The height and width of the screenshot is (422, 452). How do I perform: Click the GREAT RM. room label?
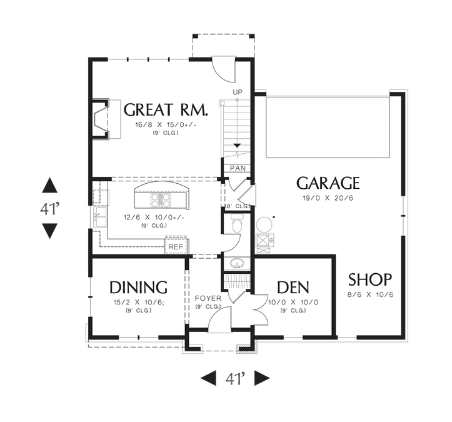click(x=166, y=110)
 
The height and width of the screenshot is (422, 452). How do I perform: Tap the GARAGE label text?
click(x=328, y=183)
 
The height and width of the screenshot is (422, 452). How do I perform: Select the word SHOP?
click(x=370, y=279)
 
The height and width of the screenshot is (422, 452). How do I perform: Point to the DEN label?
click(x=293, y=288)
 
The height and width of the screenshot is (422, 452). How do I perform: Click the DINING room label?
click(x=138, y=287)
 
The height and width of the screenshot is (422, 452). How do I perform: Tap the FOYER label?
click(x=208, y=298)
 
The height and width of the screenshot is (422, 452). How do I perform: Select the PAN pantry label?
click(x=238, y=168)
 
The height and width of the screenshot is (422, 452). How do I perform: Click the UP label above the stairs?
click(x=238, y=93)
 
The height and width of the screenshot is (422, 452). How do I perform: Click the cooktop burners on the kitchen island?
click(x=161, y=200)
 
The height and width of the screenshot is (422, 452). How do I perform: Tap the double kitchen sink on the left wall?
click(x=100, y=218)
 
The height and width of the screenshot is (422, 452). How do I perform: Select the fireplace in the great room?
click(x=101, y=119)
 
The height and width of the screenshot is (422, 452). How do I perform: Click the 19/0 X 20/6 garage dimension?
click(x=328, y=198)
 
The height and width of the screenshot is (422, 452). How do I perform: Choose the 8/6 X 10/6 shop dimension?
click(x=371, y=294)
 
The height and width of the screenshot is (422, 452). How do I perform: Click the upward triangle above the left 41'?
click(x=49, y=185)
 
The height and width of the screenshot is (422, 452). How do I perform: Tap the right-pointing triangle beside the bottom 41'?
click(x=262, y=378)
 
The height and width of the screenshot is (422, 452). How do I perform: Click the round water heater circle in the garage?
click(x=264, y=224)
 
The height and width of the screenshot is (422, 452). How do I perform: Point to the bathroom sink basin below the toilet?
click(x=238, y=263)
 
